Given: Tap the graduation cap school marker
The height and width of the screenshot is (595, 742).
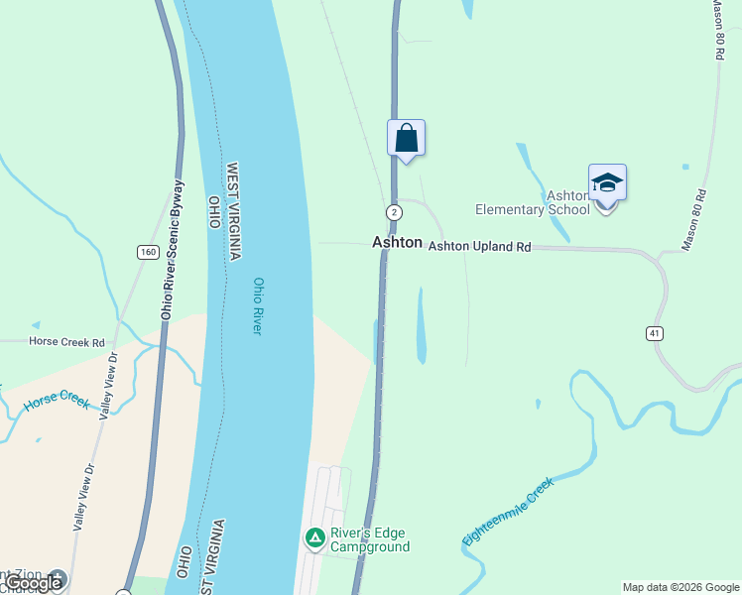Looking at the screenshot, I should point(607,183).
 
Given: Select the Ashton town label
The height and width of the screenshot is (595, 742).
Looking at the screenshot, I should point(397,242).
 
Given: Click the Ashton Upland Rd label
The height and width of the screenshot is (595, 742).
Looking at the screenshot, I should point(480,245).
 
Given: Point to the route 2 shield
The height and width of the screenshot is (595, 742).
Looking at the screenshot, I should point(395,212).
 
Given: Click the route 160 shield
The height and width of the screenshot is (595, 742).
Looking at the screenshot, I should point(148,252).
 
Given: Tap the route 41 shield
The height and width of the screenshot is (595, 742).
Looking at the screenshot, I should point(655,333).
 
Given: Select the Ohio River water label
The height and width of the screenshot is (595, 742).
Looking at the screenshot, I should point(258,305).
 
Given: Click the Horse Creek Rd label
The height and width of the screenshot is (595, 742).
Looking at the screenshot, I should point(66,342).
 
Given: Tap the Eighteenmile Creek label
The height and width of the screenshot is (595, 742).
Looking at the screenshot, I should point(507,511).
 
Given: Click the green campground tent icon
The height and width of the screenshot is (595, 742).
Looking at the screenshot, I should point(314,538).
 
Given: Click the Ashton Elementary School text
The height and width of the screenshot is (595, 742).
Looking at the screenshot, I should point(534,203).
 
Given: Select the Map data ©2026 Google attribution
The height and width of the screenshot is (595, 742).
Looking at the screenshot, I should point(680,587).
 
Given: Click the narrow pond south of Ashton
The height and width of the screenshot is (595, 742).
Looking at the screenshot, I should point(421,325).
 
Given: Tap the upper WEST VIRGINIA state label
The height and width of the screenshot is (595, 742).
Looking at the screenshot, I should point(234,211).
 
